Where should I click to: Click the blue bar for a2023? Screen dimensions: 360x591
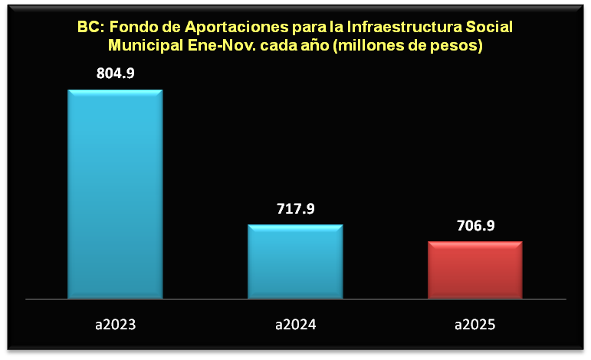pos(115,193)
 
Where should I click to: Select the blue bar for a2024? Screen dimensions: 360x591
pos(295,260)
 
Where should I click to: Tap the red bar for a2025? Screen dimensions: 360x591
pos(474,269)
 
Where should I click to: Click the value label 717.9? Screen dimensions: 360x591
pos(295,208)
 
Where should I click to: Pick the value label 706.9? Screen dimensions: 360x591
pos(475,225)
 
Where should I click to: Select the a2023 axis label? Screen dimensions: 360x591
pos(115,325)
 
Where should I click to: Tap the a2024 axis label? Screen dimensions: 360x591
pos(295,325)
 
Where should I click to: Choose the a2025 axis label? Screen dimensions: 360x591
pos(474,325)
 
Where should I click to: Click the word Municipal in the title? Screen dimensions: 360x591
pos(143,45)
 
